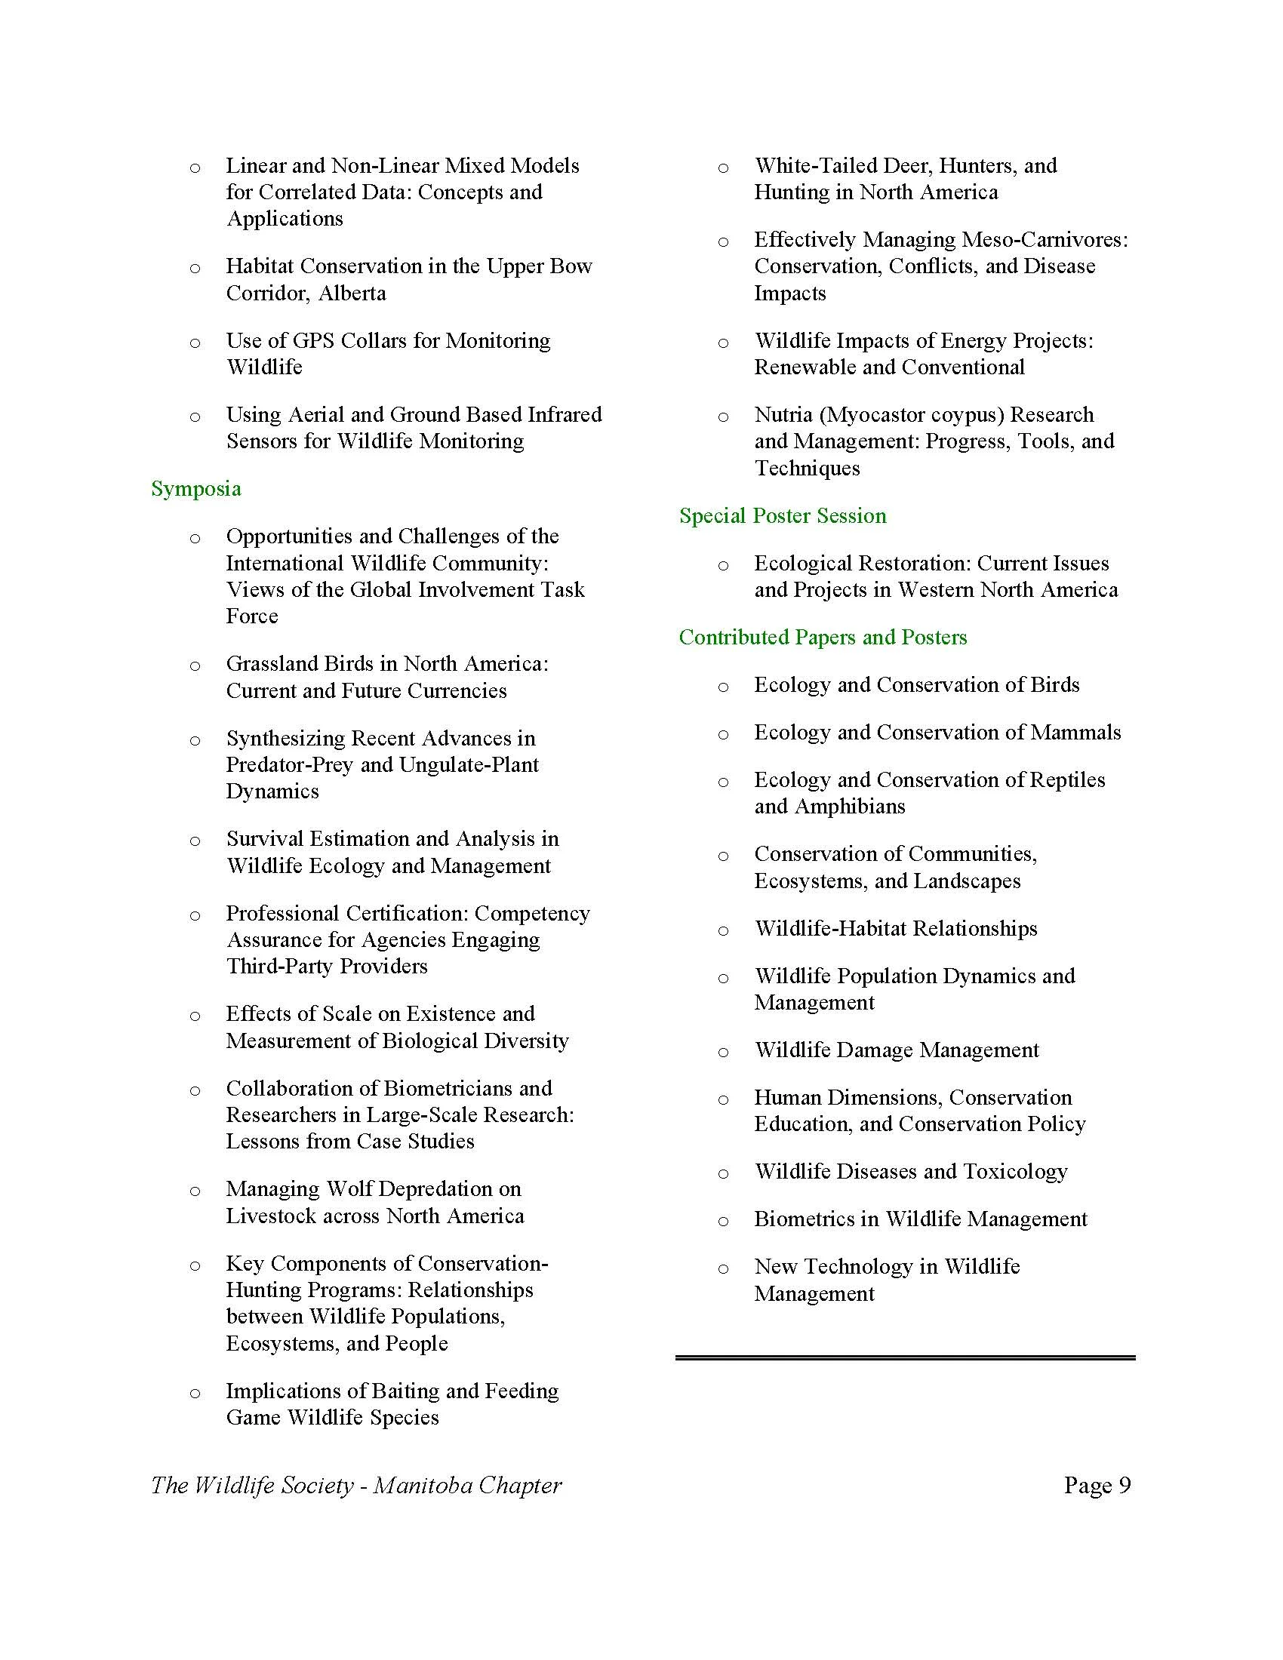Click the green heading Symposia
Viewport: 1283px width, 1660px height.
click(x=196, y=489)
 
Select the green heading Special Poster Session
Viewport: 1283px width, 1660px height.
click(x=782, y=516)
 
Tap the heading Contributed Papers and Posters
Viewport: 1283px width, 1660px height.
click(x=823, y=637)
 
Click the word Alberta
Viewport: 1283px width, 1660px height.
click(x=352, y=294)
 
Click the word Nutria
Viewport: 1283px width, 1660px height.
click(x=783, y=415)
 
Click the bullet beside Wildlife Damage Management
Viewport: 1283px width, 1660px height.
click(x=723, y=1052)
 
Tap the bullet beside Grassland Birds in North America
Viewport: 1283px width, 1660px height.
click(x=195, y=666)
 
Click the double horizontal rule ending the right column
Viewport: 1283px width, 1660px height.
click(x=904, y=1357)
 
